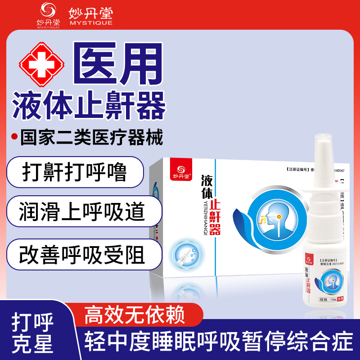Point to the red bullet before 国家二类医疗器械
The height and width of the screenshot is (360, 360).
(14, 137)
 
